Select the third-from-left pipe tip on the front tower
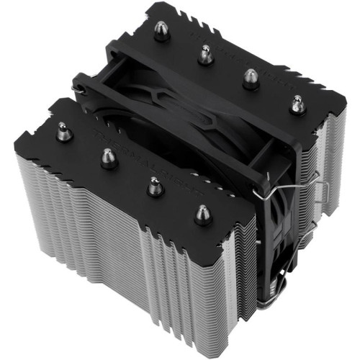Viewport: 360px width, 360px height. tap(154, 186)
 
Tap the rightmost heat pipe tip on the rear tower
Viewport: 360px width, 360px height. tap(295, 104)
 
